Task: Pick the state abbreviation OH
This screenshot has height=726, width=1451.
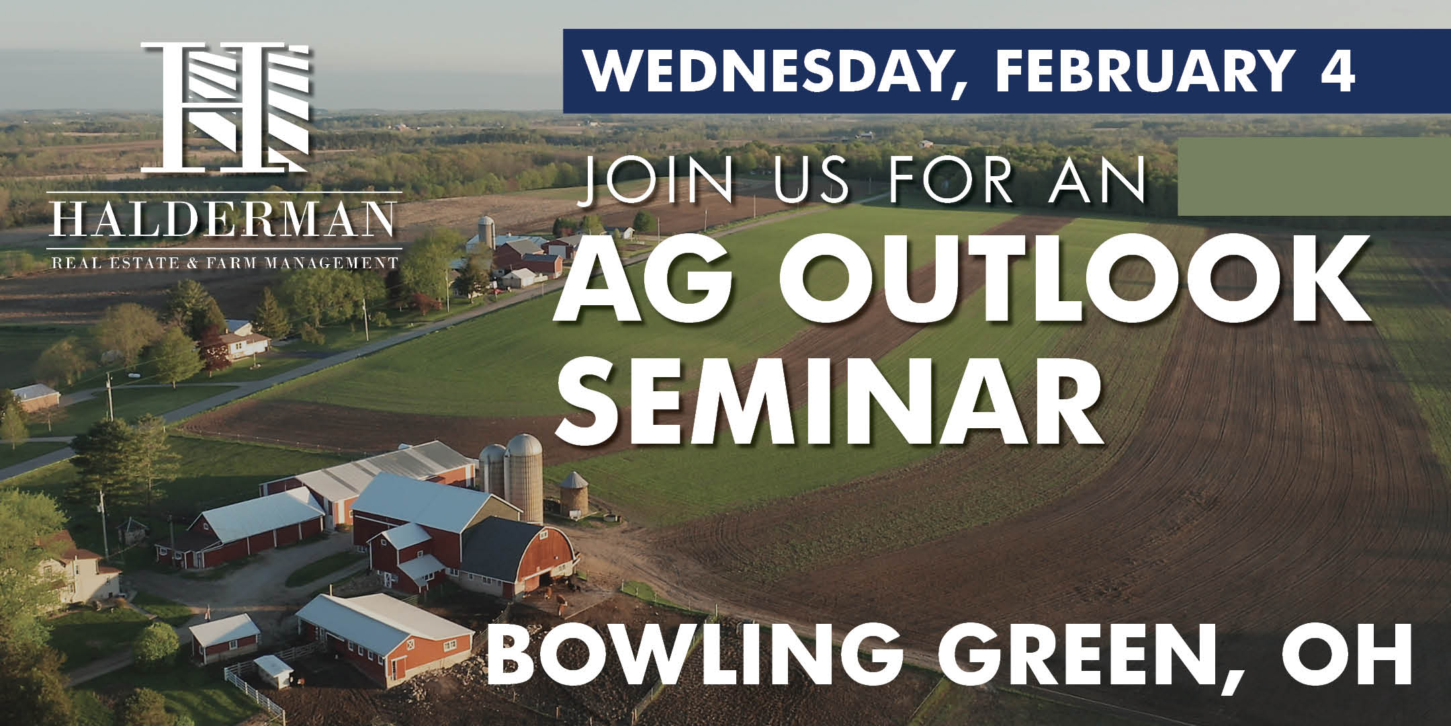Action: [x=1358, y=654]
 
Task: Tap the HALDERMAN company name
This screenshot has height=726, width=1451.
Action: [x=226, y=218]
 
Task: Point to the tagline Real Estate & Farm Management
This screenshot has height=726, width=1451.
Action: [x=226, y=261]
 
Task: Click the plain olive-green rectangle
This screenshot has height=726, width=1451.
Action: [x=1314, y=176]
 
